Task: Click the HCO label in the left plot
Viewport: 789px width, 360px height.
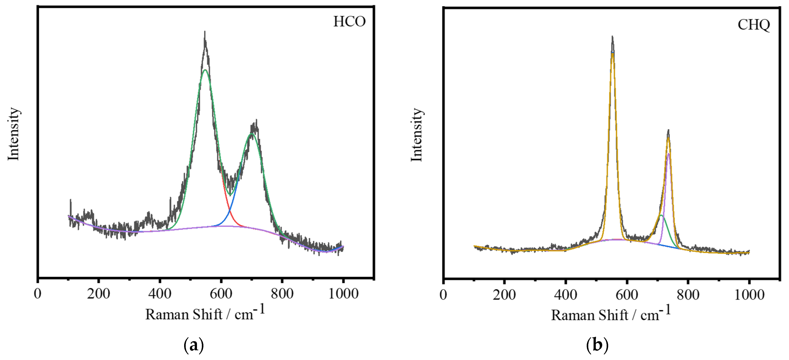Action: coord(349,22)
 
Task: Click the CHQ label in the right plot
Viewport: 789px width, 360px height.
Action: coord(753,25)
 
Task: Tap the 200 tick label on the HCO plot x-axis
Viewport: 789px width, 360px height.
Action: coord(98,294)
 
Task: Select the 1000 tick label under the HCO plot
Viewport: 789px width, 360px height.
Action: coord(343,294)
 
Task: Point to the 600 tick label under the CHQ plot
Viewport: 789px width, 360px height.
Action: coord(627,295)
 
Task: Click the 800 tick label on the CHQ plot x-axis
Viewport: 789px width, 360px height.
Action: coord(688,295)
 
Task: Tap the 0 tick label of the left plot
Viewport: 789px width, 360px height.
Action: coord(37,294)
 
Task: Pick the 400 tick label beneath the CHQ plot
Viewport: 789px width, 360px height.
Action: coord(565,295)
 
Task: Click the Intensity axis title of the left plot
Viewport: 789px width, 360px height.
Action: coord(14,134)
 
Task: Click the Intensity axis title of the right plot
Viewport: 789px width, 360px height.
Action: coord(417,135)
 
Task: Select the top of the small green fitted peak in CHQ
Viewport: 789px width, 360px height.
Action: coord(661,216)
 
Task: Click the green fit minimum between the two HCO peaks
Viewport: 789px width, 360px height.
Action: coord(230,195)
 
